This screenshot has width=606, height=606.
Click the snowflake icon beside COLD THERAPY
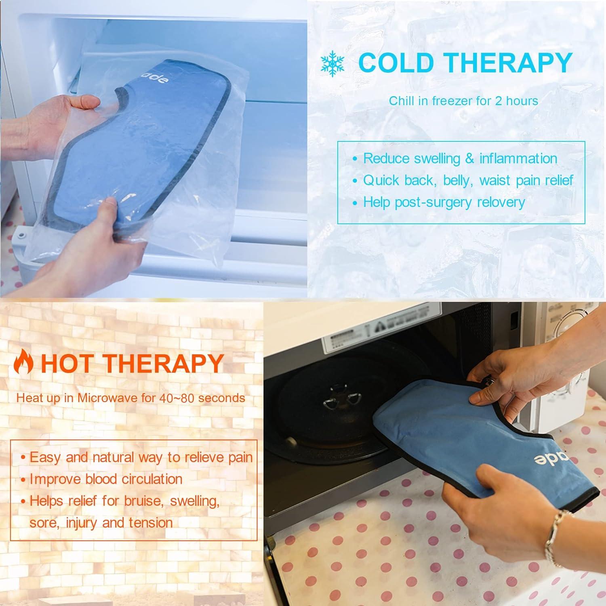[332, 63]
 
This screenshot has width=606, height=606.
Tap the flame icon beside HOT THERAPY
[23, 362]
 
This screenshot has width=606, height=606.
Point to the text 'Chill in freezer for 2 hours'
[463, 101]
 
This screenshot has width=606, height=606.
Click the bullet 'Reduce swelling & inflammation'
[460, 158]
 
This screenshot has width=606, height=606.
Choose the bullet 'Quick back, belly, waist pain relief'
[468, 180]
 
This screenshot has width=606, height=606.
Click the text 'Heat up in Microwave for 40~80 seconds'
[130, 398]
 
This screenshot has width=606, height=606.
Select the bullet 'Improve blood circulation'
[106, 479]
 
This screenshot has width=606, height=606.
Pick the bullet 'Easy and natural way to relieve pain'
[141, 457]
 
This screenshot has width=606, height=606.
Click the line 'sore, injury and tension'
[101, 523]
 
